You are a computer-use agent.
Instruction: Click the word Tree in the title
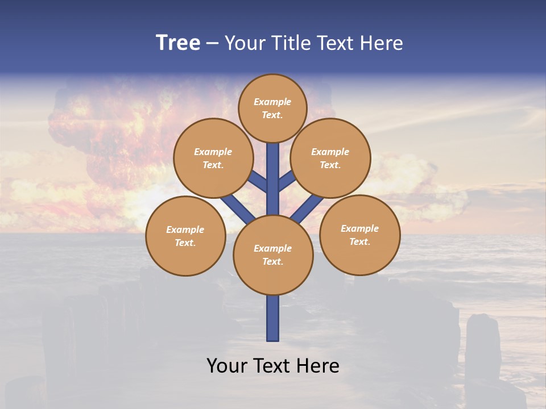click(x=178, y=43)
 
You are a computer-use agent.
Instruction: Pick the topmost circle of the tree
click(x=272, y=108)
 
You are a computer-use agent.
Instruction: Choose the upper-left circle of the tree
click(x=213, y=158)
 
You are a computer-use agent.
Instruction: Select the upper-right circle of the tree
click(x=330, y=158)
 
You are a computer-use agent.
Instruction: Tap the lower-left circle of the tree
click(x=185, y=236)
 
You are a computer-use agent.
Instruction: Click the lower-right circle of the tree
click(x=360, y=235)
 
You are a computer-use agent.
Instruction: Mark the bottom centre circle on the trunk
click(x=273, y=254)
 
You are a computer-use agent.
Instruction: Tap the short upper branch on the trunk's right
click(x=287, y=180)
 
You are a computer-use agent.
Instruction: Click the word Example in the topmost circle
click(x=272, y=102)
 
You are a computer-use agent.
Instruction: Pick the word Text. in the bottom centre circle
click(x=272, y=261)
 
